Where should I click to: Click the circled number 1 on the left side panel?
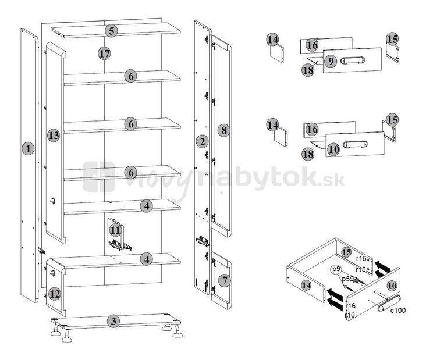pyautogui.click(x=28, y=148)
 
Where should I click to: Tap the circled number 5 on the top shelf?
pyautogui.click(x=111, y=31)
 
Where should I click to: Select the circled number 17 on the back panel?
pyautogui.click(x=104, y=53)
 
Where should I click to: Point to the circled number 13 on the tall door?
pyautogui.click(x=54, y=135)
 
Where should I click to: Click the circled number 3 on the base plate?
pyautogui.click(x=113, y=321)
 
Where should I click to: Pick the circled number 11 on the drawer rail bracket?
pyautogui.click(x=115, y=230)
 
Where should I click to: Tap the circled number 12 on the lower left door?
pyautogui.click(x=54, y=294)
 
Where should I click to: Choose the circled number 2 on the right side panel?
pyautogui.click(x=203, y=141)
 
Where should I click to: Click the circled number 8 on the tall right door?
pyautogui.click(x=223, y=130)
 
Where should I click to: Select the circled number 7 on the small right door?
pyautogui.click(x=225, y=280)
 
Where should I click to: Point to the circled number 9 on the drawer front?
pyautogui.click(x=331, y=61)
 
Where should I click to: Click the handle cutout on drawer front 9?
pyautogui.click(x=352, y=60)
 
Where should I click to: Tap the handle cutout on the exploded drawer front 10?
pyautogui.click(x=355, y=144)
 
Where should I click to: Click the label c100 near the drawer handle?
pyautogui.click(x=398, y=310)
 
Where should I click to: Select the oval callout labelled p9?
pyautogui.click(x=336, y=269)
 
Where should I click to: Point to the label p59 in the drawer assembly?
pyautogui.click(x=347, y=279)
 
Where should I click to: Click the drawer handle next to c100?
pyautogui.click(x=389, y=303)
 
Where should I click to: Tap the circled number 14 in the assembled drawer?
pyautogui.click(x=306, y=285)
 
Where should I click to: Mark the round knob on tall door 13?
pyautogui.click(x=52, y=201)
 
